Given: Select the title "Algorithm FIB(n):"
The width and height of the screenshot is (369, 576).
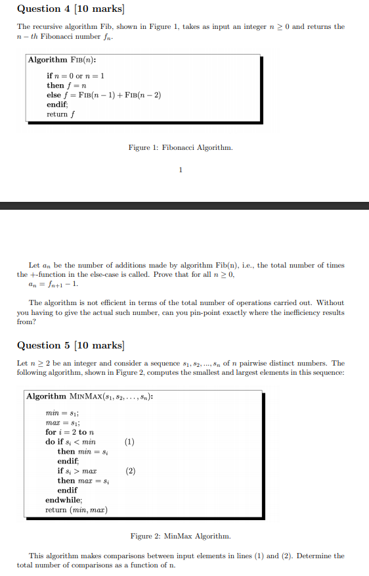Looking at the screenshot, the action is pos(58,60).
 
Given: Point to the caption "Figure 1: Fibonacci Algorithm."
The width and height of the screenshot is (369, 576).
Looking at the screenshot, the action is pos(181,147).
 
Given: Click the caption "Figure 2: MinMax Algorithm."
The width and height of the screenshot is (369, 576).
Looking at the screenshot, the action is pos(181,537).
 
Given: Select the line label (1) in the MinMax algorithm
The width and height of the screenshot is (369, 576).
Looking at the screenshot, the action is pos(130,442).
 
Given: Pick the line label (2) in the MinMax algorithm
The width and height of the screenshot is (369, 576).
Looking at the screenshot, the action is pos(130,471).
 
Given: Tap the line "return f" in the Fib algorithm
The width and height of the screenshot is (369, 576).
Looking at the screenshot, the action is pos(60,114).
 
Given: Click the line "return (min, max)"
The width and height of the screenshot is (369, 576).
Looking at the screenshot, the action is pos(76,510).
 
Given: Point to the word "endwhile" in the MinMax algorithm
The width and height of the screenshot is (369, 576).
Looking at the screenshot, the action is pos(64,500).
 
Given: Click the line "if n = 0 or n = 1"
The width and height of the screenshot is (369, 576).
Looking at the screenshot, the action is pos(76,76).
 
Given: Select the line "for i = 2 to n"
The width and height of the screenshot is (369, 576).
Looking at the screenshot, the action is pos(71,432).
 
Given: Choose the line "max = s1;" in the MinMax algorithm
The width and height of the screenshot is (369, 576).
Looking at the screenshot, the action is pos(61,422).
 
